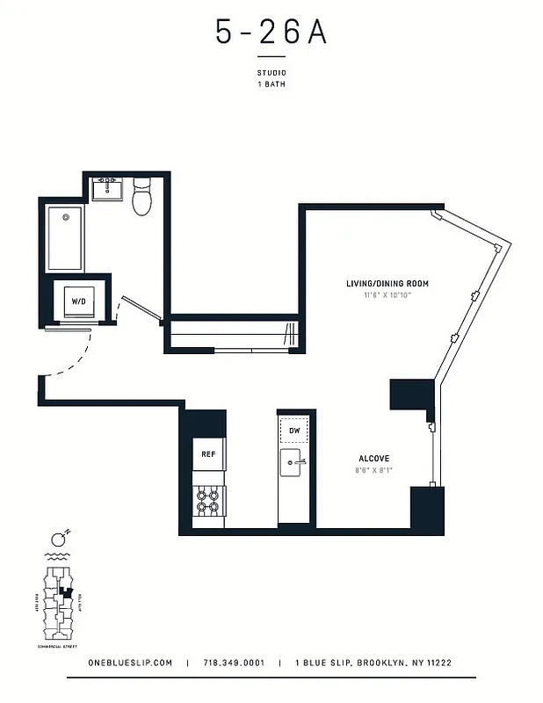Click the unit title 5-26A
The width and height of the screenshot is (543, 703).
pos(271,33)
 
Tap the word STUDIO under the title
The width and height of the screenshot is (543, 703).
pos(271,74)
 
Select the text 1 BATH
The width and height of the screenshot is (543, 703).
pos(271,84)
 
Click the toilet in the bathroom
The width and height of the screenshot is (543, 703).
pos(142,198)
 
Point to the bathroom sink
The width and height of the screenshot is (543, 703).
pos(110,188)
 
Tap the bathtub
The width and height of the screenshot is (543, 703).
pos(65,237)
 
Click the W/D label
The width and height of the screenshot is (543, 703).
pos(79,301)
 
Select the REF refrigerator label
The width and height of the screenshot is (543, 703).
pos(209,454)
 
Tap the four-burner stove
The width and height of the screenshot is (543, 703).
pos(209,501)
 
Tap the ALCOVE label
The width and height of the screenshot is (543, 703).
pos(373,459)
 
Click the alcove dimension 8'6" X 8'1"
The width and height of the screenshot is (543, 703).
pos(373,470)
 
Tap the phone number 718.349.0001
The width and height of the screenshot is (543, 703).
pos(233,663)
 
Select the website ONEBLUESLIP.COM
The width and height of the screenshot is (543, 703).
pos(129,663)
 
